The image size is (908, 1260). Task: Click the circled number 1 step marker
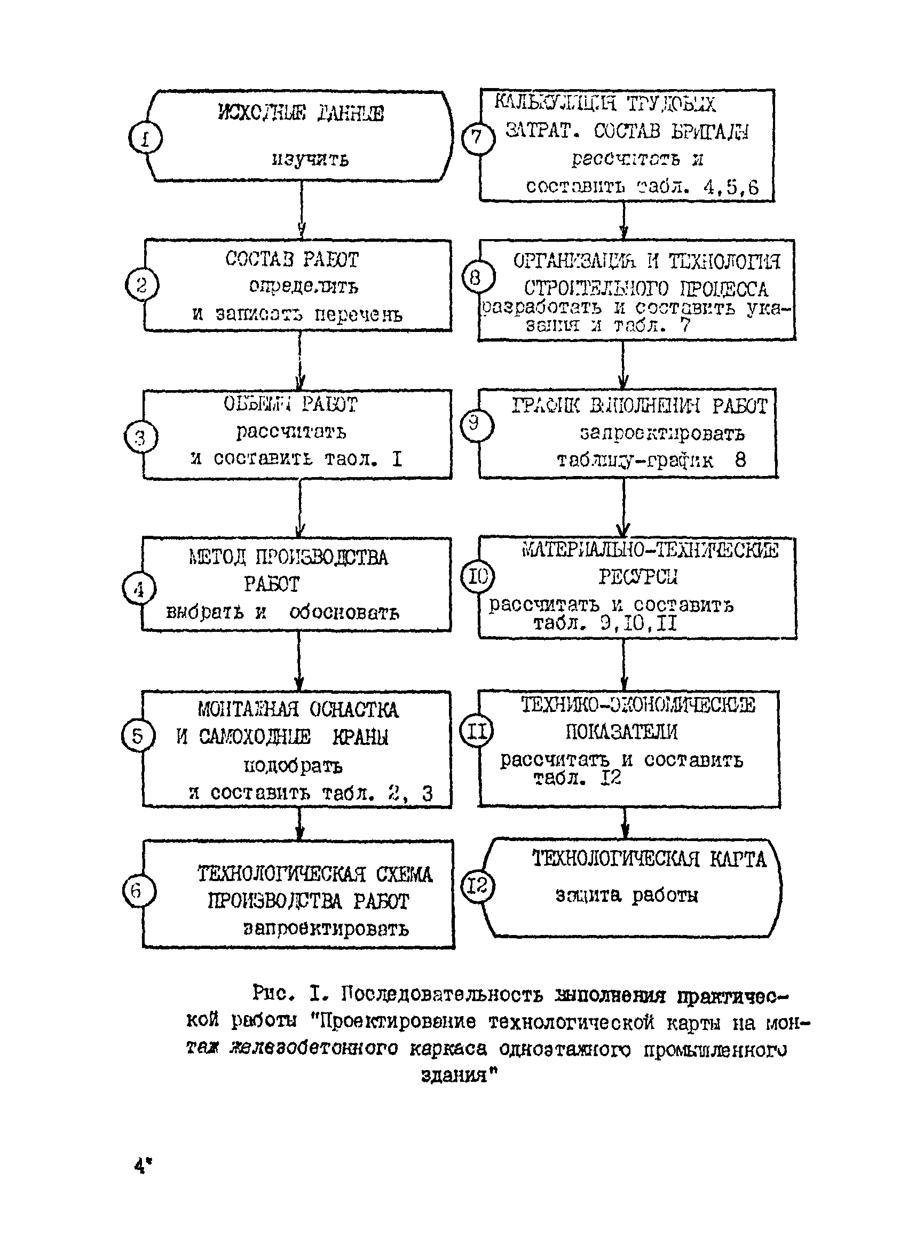coord(145,138)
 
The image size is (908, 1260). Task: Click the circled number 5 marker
coord(137,736)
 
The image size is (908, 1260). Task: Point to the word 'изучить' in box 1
coord(310,160)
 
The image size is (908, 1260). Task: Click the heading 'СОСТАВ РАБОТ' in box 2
coord(292,259)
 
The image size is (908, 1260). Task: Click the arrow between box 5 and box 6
coord(299,823)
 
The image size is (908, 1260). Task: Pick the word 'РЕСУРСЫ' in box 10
coord(638,577)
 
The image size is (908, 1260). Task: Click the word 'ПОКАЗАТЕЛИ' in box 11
coord(621,732)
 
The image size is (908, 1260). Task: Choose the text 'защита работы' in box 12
coord(626,896)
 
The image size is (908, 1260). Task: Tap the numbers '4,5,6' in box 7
coord(731,187)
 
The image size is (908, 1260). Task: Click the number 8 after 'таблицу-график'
coord(740,460)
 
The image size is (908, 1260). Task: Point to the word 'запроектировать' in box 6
coord(326,929)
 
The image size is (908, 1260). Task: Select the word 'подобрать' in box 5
coord(294,766)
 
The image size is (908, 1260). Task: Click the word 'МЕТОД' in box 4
coord(217,557)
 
